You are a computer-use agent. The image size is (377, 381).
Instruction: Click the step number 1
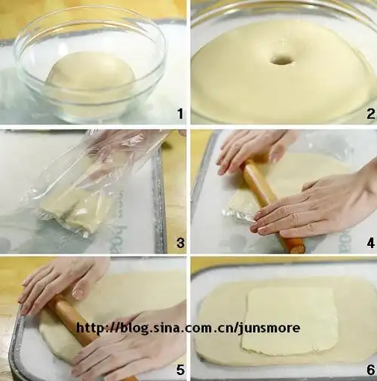pos(180,113)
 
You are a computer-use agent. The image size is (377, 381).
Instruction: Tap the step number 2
pos(370,114)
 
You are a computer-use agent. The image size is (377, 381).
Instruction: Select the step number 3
pos(180,243)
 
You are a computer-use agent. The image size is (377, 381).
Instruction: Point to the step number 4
pos(371,243)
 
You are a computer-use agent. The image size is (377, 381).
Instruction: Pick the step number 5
pos(180,370)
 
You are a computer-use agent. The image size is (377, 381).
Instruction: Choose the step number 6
pos(371,370)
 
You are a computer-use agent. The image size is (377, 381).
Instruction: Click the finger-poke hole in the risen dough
pos(281,60)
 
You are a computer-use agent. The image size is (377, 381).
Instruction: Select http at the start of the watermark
pos(88,328)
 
